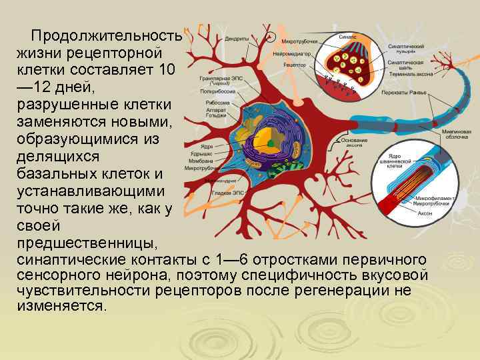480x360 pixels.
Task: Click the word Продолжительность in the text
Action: [x=106, y=35]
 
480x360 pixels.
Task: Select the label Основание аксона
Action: [x=353, y=142]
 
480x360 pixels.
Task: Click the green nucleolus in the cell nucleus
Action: [x=269, y=143]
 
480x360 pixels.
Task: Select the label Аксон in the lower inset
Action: [x=425, y=213]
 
